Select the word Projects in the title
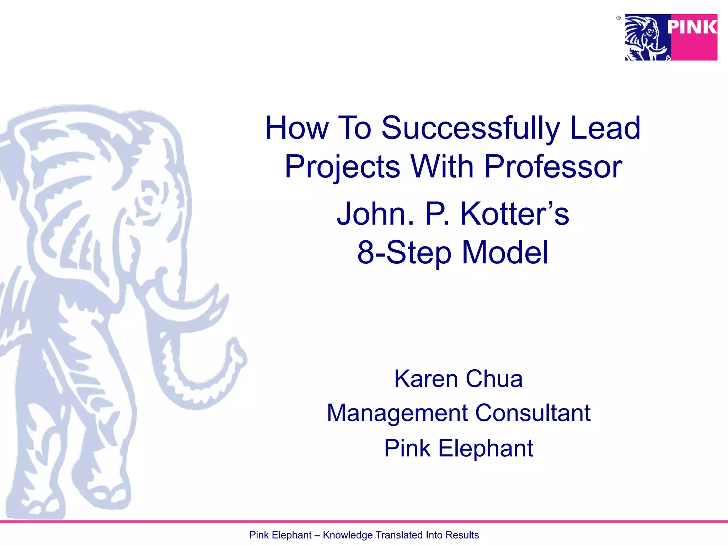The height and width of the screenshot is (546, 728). [342, 167]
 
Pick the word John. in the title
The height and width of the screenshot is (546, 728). [375, 214]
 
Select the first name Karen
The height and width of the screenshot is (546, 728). [426, 379]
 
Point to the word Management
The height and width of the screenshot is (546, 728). [397, 413]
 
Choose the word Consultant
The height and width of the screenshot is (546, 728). [533, 413]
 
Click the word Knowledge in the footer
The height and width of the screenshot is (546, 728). [348, 535]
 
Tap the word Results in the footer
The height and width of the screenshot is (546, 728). [462, 535]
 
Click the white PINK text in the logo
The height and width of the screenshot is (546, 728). [692, 27]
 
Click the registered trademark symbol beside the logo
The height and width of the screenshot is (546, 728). [619, 18]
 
